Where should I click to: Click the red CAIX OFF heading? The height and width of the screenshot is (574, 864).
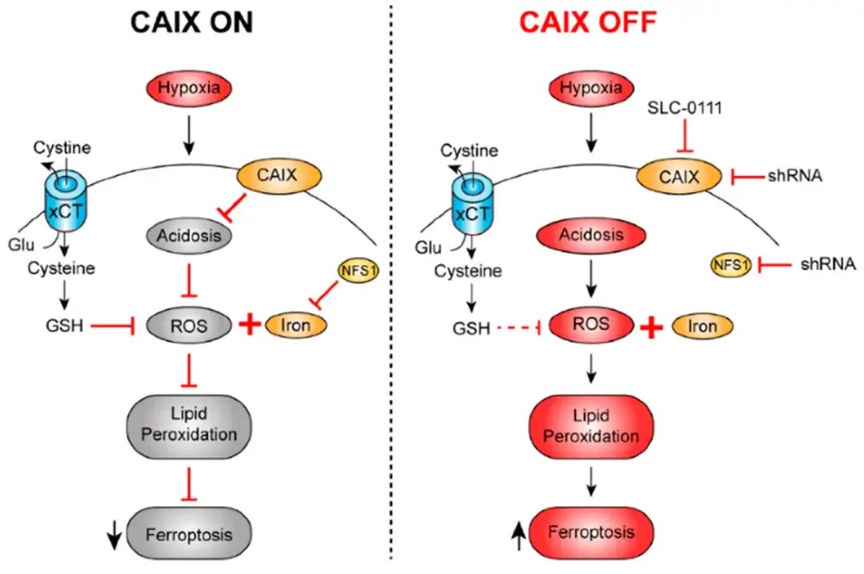(x=588, y=22)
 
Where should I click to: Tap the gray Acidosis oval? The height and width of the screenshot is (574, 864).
(x=189, y=236)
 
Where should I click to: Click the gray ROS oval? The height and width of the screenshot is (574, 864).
(x=190, y=326)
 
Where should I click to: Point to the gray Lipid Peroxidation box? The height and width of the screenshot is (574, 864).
(x=190, y=424)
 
